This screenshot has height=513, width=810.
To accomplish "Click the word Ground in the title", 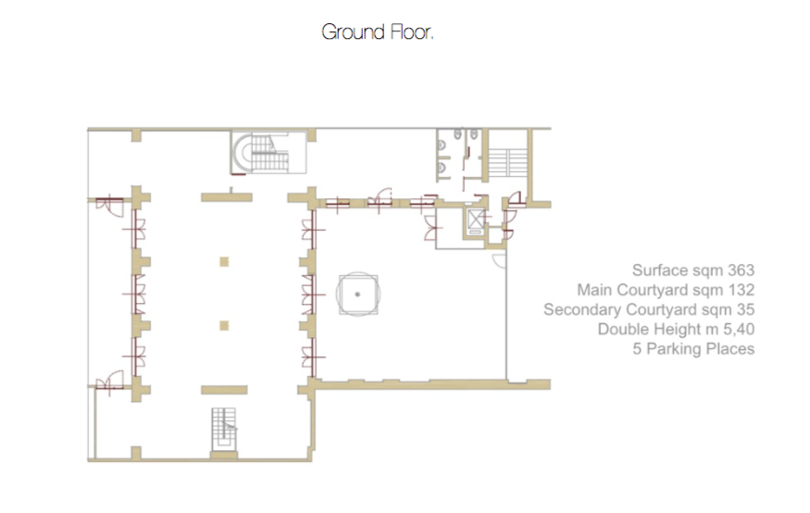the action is coord(354,32).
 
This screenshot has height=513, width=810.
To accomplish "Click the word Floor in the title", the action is coord(410,32).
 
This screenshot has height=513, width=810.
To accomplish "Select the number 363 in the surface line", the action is coord(741,270).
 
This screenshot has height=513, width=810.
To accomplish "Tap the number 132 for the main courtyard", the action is coord(741,290).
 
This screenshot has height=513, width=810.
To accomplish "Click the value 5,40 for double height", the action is coord(739,329).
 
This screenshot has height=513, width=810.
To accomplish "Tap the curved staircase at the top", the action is coord(262,153).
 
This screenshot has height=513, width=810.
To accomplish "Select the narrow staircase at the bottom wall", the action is coord(224,430).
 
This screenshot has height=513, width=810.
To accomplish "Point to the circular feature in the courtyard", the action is coord(358,294).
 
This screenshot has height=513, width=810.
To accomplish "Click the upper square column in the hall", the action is coord(224,262).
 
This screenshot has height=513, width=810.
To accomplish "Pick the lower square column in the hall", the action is coord(224,325).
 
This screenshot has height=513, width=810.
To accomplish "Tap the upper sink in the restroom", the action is coord(442,145).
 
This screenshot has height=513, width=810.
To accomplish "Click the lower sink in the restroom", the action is coord(442,168).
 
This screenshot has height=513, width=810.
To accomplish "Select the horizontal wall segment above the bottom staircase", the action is coord(224,390).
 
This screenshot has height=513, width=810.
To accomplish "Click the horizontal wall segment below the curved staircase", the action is coord(227,197).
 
